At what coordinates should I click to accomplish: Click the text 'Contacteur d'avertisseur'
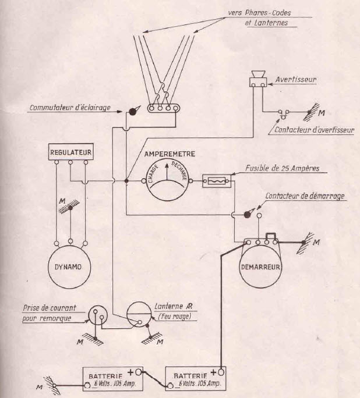tap(313, 131)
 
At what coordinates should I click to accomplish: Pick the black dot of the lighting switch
tap(133, 111)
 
